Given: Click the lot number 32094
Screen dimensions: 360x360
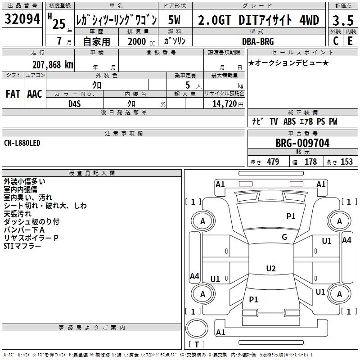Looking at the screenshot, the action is (22, 19).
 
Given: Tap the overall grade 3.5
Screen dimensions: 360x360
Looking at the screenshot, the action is (343, 20).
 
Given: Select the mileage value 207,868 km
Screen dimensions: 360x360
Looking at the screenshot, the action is (53, 65).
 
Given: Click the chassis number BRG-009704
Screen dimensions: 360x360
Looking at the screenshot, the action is (302, 143).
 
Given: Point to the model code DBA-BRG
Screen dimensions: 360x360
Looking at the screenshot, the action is (258, 41).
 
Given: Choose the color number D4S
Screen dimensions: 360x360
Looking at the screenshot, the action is (75, 104).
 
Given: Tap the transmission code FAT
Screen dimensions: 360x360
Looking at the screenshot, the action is (13, 94).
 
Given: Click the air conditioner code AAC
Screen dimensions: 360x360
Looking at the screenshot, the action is (35, 94).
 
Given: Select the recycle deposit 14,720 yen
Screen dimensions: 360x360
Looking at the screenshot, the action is (228, 104).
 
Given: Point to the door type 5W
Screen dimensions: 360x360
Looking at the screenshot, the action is (174, 20).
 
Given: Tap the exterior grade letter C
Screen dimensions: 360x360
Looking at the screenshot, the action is (336, 41).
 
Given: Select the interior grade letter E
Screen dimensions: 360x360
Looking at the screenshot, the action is (350, 41).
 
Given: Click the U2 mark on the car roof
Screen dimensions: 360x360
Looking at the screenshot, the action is (271, 268).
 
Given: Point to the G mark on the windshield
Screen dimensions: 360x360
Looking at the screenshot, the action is (284, 237).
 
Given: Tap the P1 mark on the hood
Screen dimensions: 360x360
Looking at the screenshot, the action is (291, 216).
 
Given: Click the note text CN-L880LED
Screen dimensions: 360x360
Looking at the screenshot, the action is (22, 143).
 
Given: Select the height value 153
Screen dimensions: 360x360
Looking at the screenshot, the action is (346, 162).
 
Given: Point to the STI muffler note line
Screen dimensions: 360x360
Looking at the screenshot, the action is (22, 246).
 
